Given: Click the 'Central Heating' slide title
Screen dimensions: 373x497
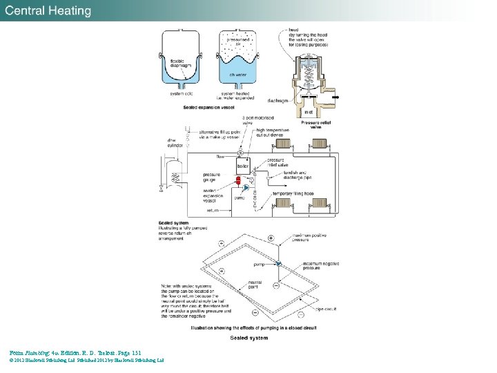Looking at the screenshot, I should coord(49,11).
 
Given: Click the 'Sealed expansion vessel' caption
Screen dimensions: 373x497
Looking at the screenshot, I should coord(210,108).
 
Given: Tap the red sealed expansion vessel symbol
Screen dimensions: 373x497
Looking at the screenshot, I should coord(238,183).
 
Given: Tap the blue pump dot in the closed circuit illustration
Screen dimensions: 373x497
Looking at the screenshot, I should coord(279,264).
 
